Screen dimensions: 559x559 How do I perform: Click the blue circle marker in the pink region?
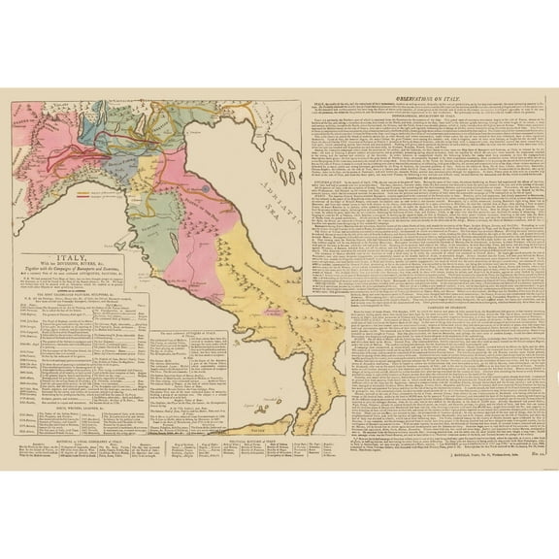point(206,179)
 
